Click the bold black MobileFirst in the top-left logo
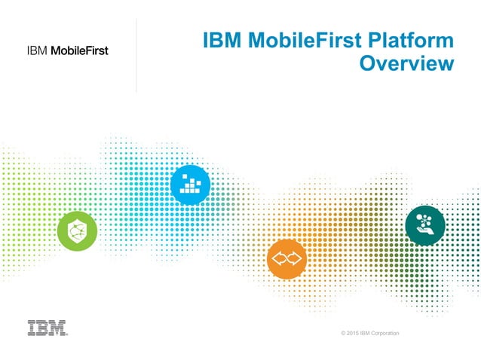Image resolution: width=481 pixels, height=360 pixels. point(79,51)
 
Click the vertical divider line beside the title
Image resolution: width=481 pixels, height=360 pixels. point(136,56)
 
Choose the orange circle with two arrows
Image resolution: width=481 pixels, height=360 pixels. point(287,258)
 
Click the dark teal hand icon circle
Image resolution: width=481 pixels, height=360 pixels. point(425,224)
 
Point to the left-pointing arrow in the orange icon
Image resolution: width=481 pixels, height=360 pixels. point(280,258)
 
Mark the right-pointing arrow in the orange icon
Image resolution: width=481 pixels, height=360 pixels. point(295,258)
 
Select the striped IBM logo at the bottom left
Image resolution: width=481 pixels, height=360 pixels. point(47,328)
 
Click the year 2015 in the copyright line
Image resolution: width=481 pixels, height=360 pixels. point(352,333)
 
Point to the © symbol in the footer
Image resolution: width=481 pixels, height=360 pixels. point(342,333)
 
